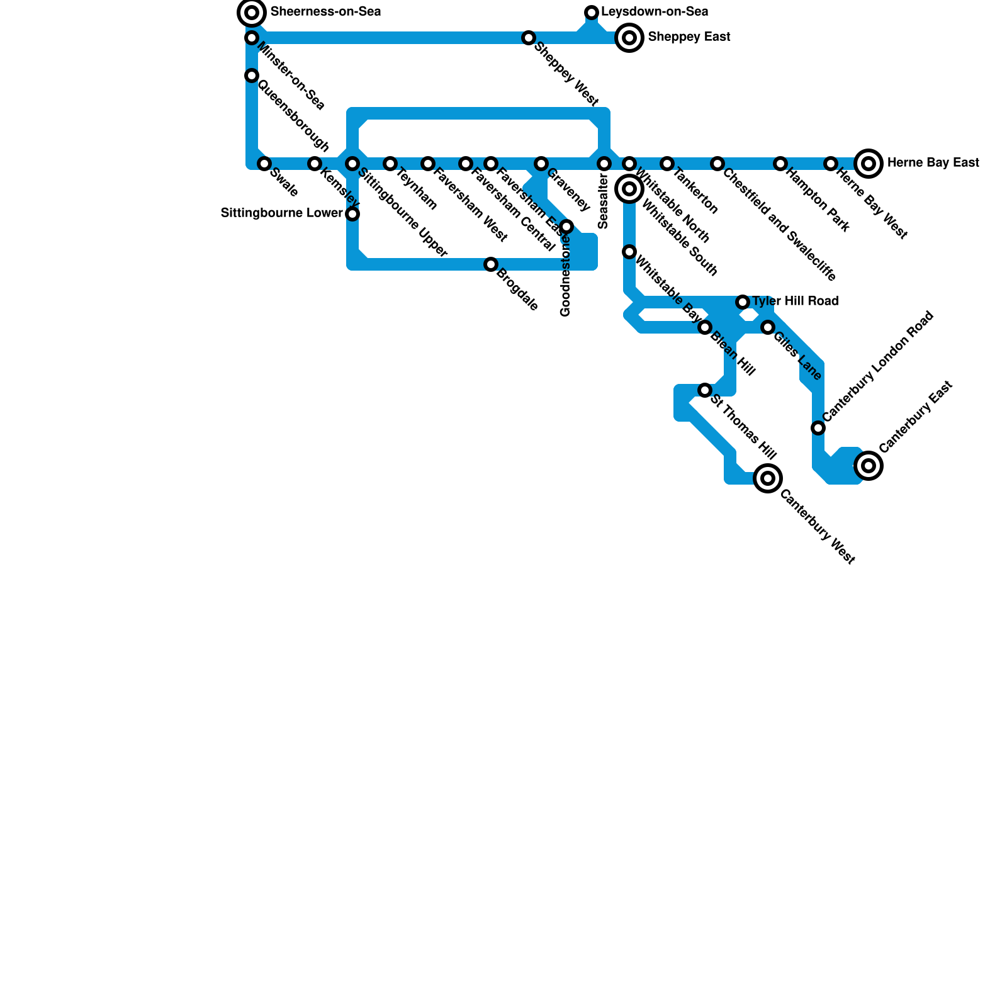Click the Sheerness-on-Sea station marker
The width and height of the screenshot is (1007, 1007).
252,13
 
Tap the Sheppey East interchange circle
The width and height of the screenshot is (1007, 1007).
629,38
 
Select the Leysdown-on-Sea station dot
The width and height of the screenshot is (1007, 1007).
592,13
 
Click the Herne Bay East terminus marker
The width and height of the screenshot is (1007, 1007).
869,164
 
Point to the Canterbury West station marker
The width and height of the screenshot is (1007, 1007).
768,478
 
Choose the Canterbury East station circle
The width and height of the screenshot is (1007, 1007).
869,466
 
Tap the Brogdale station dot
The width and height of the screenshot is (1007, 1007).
491,264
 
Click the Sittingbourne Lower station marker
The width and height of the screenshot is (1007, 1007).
352,214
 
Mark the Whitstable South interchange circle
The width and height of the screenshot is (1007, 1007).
629,189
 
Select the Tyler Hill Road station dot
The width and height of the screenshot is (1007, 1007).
743,302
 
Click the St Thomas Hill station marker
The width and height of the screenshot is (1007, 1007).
705,390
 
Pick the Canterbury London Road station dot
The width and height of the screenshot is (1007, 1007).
818,428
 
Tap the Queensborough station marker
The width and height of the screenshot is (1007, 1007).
252,76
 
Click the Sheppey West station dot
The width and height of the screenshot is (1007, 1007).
529,38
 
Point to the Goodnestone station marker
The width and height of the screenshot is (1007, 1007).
566,227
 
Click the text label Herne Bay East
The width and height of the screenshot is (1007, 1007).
933,163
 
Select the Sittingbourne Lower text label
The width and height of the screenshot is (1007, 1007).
281,213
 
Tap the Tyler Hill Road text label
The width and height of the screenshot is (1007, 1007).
795,301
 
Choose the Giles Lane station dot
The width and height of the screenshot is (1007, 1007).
768,327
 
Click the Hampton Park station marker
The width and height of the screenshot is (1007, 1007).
780,164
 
